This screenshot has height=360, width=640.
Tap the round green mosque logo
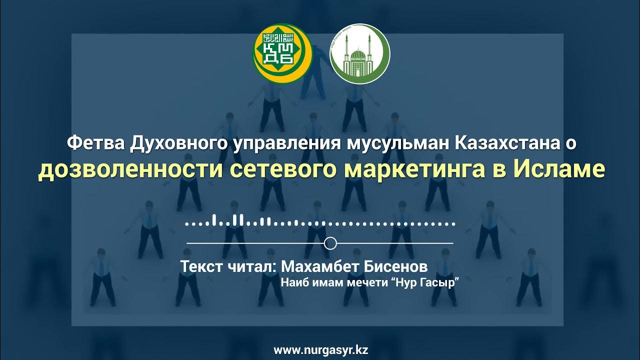[359, 54]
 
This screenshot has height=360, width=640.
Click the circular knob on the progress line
[330, 243]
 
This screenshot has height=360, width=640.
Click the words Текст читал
[226, 266]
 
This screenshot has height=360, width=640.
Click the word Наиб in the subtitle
[292, 282]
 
